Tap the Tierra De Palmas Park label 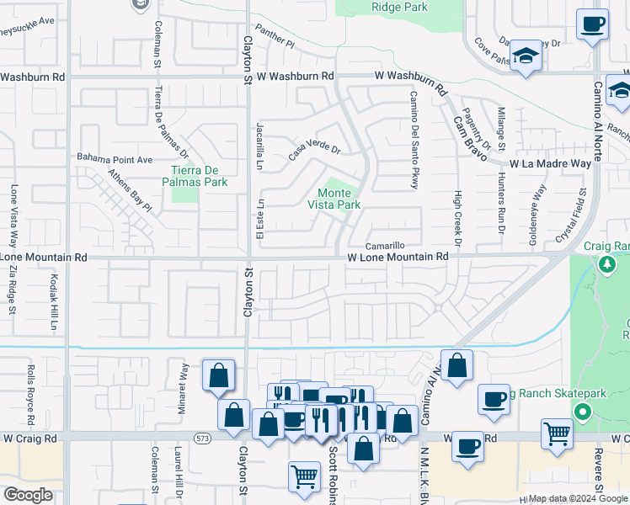pyautogui.click(x=195, y=176)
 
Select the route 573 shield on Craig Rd pyautogui.click(x=203, y=439)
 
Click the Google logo pyautogui.click(x=28, y=495)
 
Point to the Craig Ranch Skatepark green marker pyautogui.click(x=582, y=412)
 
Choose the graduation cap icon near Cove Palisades pyautogui.click(x=526, y=56)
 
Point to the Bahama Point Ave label pyautogui.click(x=115, y=158)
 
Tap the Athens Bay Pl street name pyautogui.click(x=129, y=191)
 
